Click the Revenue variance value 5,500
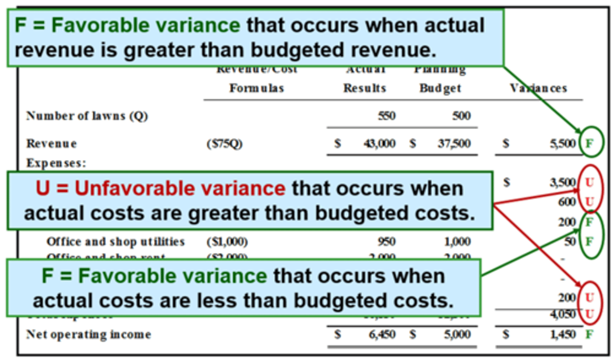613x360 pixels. [562, 143]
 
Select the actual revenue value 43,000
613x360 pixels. [379, 143]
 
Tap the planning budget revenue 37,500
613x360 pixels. [454, 143]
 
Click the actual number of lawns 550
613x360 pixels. [387, 116]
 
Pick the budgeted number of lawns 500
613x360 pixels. [461, 116]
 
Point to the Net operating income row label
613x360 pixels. [89, 334]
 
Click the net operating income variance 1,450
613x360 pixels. [563, 334]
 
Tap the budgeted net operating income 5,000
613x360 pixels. [457, 334]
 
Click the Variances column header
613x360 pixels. [539, 88]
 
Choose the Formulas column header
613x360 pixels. [257, 88]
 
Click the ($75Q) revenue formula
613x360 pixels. [224, 144]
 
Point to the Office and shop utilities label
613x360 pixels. [115, 242]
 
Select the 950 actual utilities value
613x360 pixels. [387, 242]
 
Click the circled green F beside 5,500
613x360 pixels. [590, 143]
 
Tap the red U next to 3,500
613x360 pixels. [589, 183]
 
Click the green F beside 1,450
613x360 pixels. [589, 334]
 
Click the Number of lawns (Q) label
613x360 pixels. [87, 116]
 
